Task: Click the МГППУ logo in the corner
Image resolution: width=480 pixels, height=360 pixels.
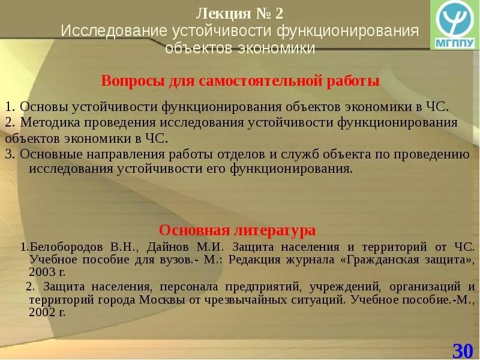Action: [455, 25]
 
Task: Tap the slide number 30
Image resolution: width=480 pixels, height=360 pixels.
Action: [463, 350]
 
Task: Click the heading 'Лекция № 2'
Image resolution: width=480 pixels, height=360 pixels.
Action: [239, 13]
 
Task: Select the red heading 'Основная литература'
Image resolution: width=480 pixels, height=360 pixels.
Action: [237, 230]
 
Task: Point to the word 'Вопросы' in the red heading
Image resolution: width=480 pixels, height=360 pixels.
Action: [128, 81]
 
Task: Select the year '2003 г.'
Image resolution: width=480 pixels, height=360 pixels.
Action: [50, 272]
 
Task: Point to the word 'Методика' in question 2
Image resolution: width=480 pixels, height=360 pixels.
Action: [49, 122]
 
